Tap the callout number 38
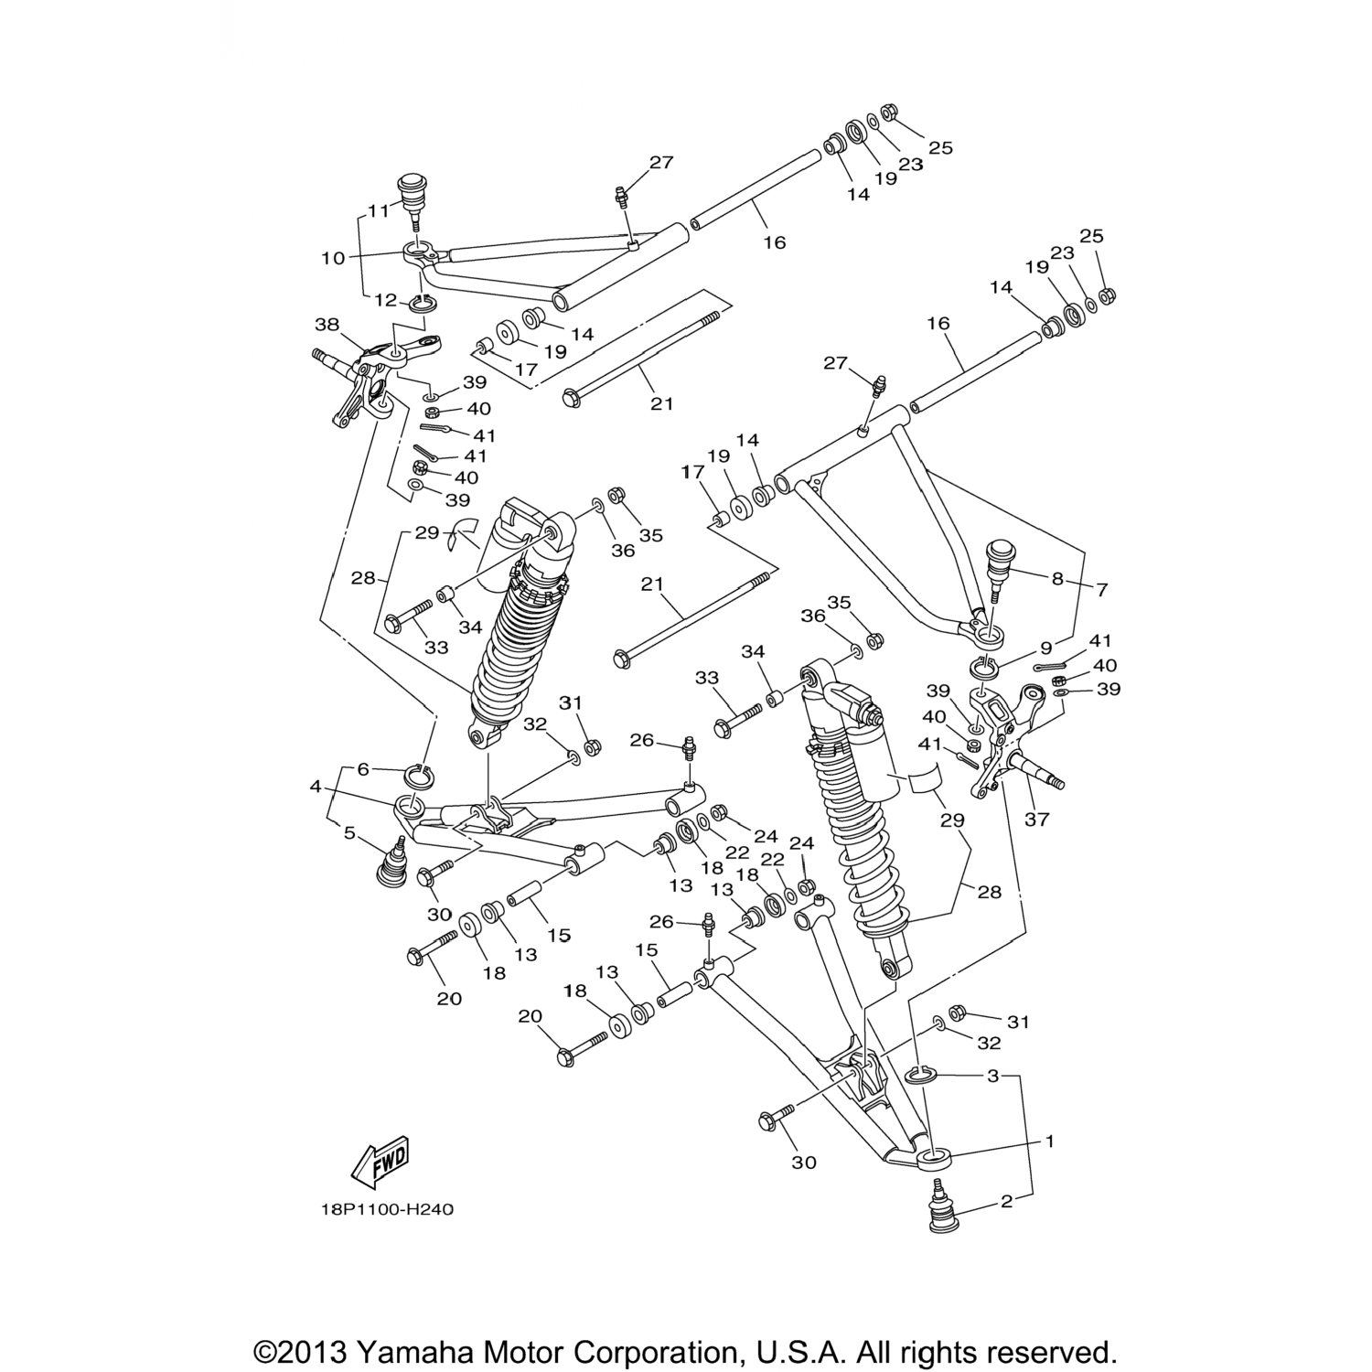pos(327,324)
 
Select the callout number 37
pos(1036,820)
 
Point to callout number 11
pos(379,211)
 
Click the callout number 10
pos(333,258)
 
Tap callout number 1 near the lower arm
pos(1050,1141)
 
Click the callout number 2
pos(1007,1202)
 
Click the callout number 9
pos(1046,648)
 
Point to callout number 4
pos(316,786)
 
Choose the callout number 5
pos(349,833)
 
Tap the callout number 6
pos(363,769)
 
